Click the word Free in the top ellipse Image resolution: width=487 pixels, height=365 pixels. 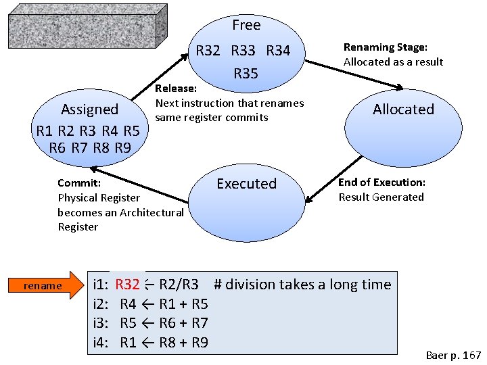click(x=246, y=25)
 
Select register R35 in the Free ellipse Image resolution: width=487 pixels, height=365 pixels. click(x=246, y=74)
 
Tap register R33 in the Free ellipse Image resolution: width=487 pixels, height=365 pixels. click(x=243, y=51)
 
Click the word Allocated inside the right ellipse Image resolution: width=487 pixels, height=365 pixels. click(x=403, y=109)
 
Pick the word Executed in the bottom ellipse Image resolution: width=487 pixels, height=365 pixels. click(x=246, y=184)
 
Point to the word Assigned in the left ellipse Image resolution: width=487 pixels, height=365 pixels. click(x=89, y=109)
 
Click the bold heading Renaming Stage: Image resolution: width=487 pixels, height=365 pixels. click(x=386, y=47)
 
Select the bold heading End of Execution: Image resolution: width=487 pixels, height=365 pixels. click(x=381, y=182)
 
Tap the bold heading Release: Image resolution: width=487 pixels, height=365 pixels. click(x=176, y=89)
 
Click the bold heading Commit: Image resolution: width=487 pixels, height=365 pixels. click(x=79, y=183)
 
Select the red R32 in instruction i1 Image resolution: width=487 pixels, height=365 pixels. click(x=127, y=285)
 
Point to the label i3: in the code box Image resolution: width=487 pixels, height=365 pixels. click(x=101, y=323)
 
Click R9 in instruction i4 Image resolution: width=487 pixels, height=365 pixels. click(x=199, y=343)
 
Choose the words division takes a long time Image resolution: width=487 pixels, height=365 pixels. click(x=308, y=285)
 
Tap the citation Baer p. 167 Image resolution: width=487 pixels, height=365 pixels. click(x=453, y=355)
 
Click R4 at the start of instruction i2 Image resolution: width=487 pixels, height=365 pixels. click(x=128, y=304)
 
